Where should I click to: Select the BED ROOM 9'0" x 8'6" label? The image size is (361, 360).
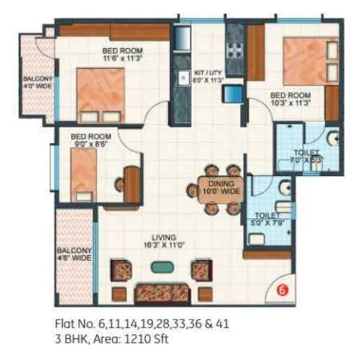pos(90,139)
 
